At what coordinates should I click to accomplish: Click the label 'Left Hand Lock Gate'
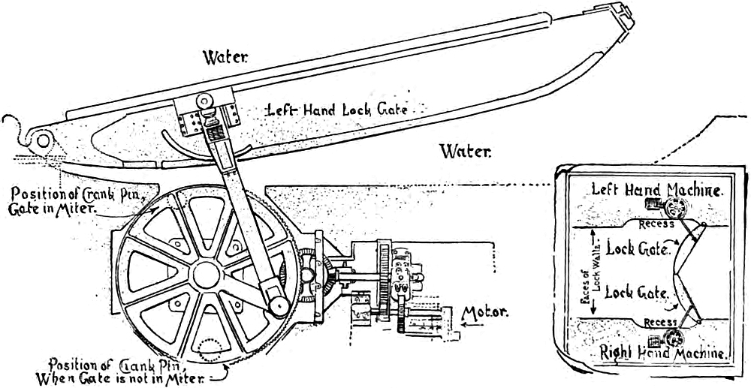point(336,110)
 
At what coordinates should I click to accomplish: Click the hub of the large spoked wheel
point(204,275)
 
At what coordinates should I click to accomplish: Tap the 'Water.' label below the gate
point(465,152)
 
